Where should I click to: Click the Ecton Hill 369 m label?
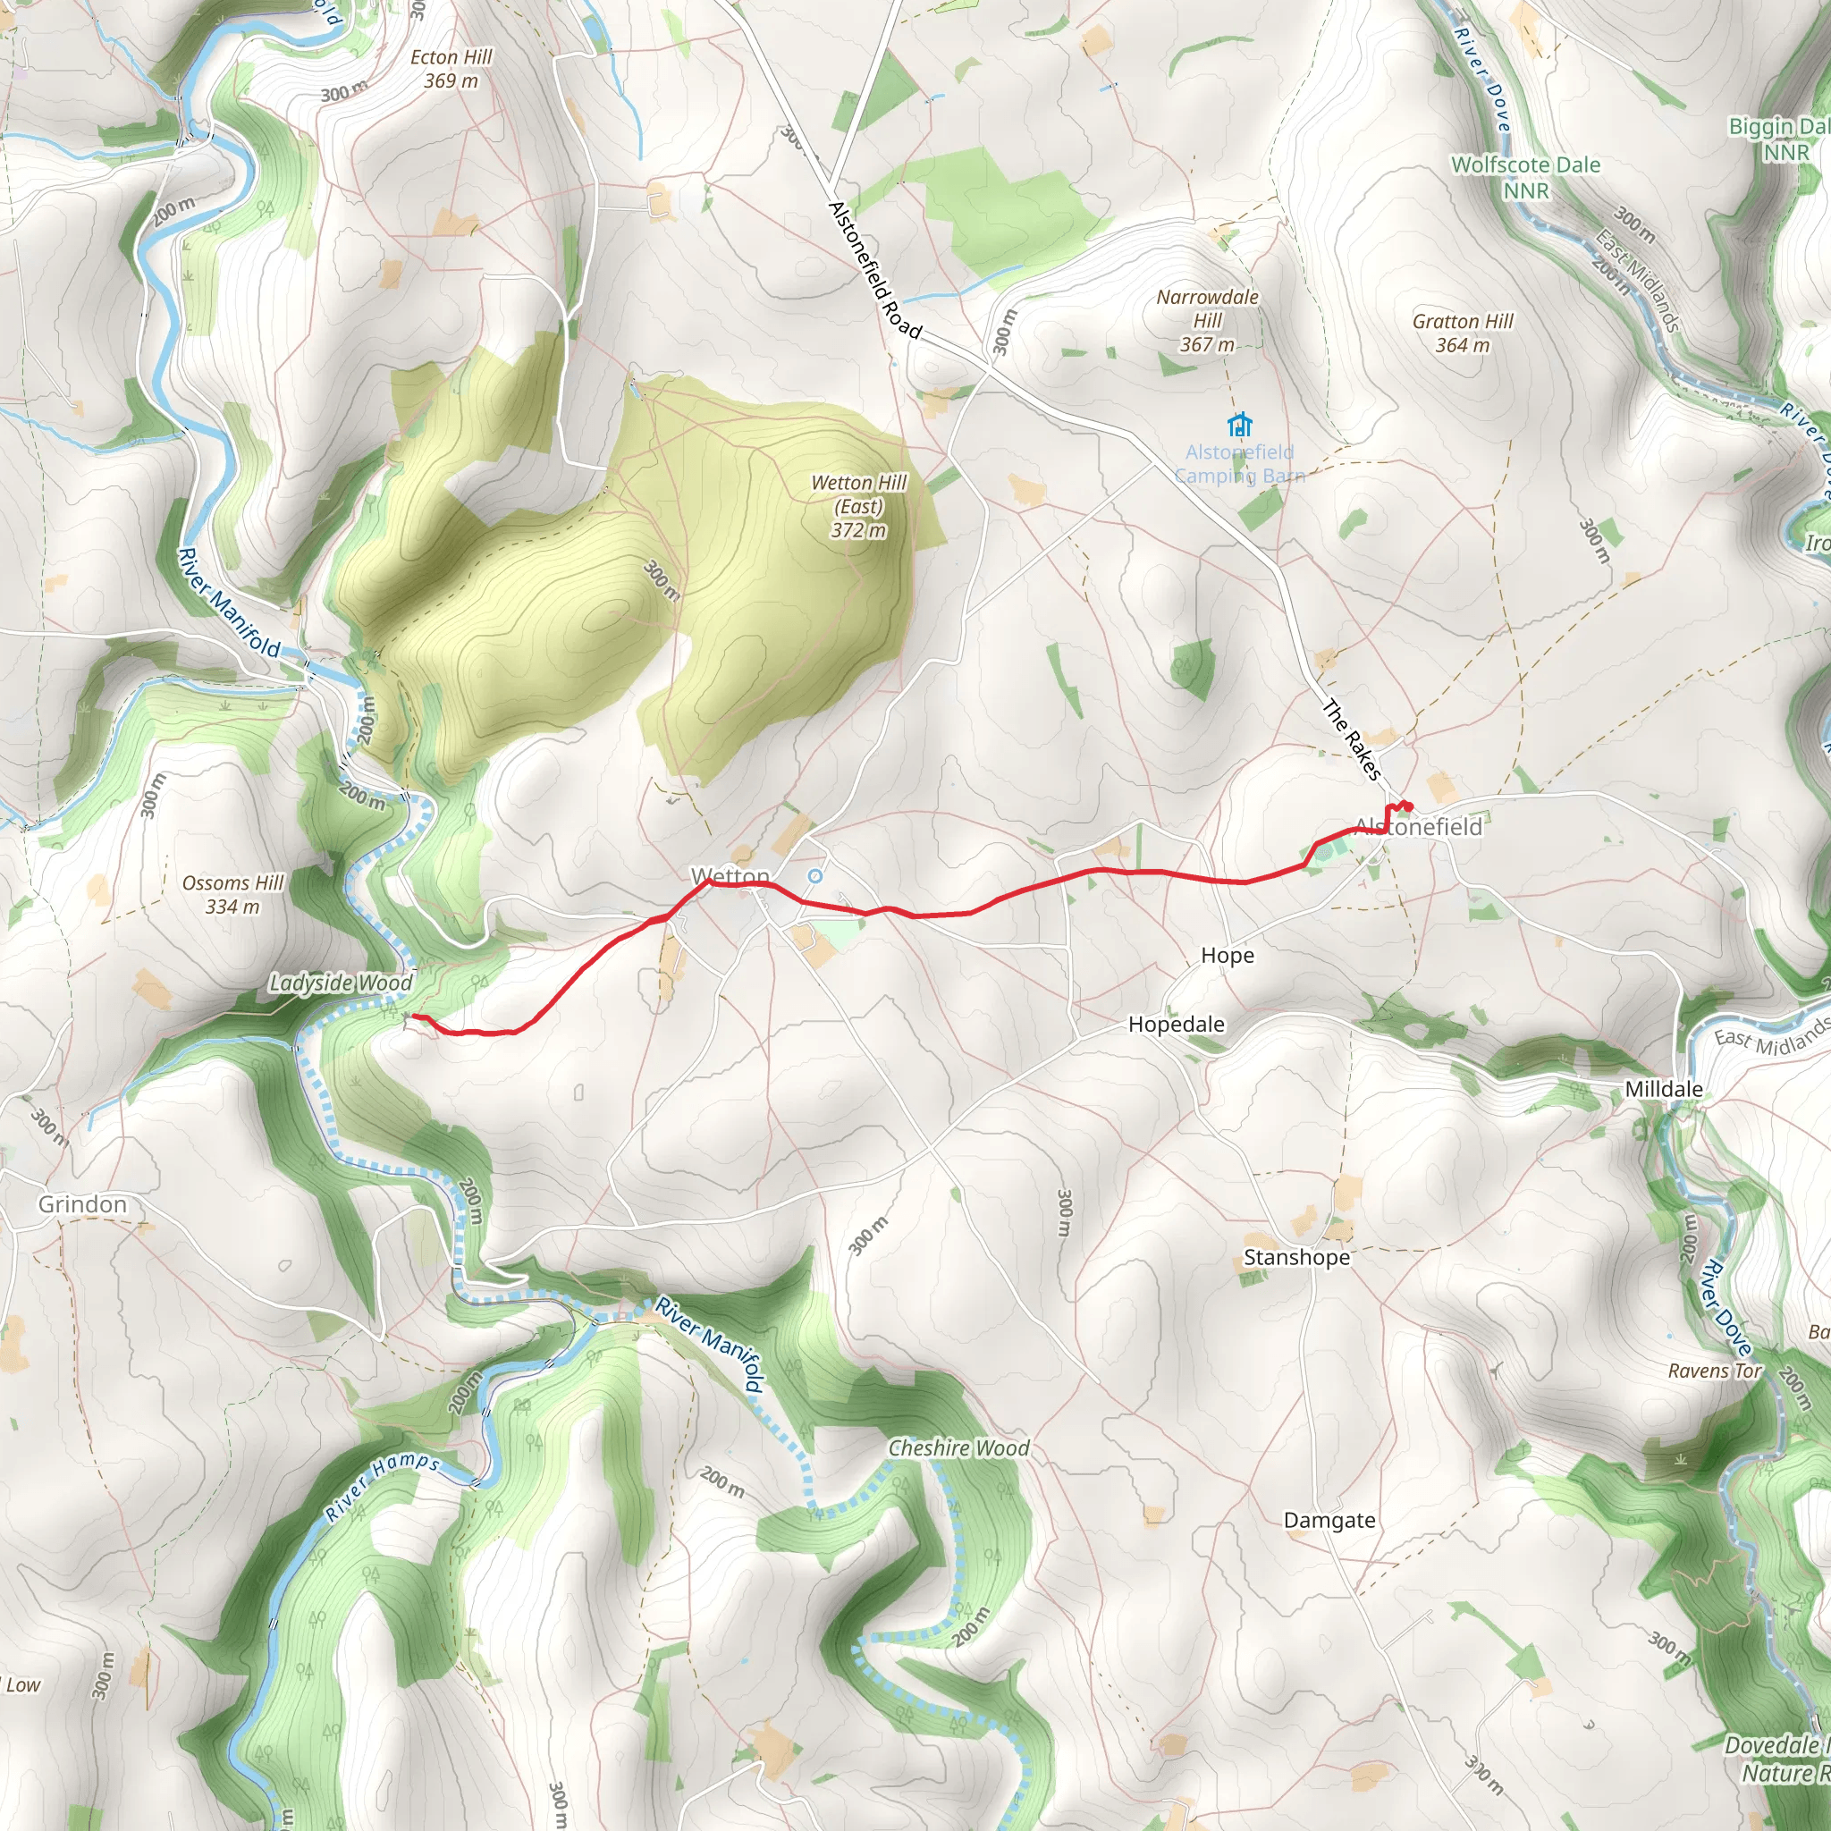[x=451, y=69]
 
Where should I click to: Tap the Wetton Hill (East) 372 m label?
[x=858, y=506]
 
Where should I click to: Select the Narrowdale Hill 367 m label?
[x=1206, y=320]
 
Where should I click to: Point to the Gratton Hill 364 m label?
[x=1463, y=333]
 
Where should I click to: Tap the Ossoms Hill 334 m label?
[x=233, y=895]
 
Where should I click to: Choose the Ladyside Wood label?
[x=342, y=983]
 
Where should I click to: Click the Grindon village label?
[x=82, y=1203]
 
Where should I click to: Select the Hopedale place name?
[x=1177, y=1025]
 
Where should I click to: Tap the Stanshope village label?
[x=1296, y=1258]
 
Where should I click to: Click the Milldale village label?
[x=1664, y=1089]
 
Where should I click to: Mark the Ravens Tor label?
[x=1715, y=1371]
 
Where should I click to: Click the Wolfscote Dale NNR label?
[x=1526, y=177]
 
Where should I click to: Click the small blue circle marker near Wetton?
[x=815, y=877]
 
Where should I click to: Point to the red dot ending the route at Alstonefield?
[x=1408, y=806]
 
